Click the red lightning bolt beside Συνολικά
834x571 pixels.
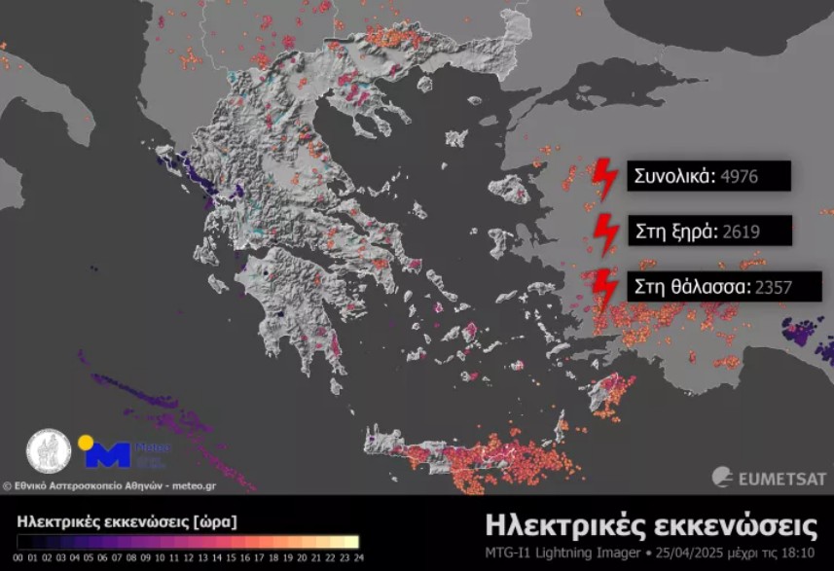tap(605, 177)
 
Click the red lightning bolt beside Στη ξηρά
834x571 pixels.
tap(607, 232)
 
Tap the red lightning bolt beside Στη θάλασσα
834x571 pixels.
tap(604, 288)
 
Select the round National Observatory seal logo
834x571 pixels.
tap(48, 452)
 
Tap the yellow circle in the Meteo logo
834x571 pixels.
tap(86, 443)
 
